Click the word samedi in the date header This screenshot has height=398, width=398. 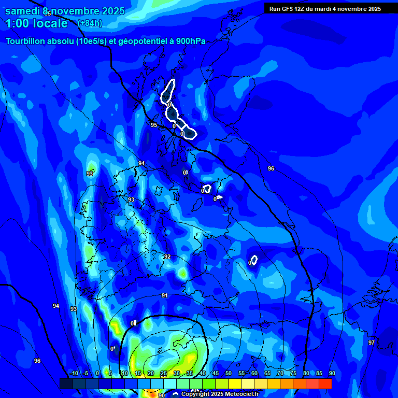click(23, 11)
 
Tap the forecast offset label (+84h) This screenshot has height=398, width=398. click(90, 23)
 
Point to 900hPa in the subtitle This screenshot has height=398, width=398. click(190, 41)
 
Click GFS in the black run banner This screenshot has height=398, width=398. click(290, 8)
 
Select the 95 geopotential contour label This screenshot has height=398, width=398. click(154, 125)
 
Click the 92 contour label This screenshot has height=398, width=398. click(167, 257)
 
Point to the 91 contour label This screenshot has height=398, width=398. click(165, 295)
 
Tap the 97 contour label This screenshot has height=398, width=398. click(371, 343)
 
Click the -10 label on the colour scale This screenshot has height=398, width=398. click(74, 374)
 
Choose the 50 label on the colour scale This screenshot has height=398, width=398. click(228, 374)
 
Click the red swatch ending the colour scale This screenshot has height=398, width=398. click(325, 383)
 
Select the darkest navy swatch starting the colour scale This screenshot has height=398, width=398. click(66, 383)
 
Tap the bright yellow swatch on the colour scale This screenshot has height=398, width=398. click(234, 383)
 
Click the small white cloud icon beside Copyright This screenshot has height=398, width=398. click(176, 394)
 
